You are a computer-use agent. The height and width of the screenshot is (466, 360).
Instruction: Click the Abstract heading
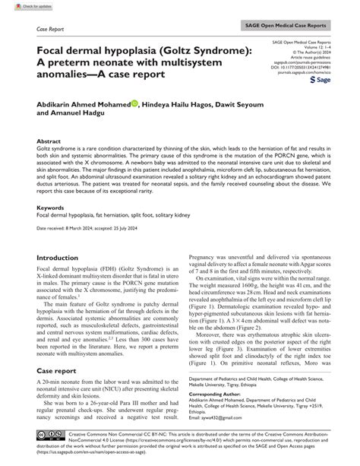point(49,141)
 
